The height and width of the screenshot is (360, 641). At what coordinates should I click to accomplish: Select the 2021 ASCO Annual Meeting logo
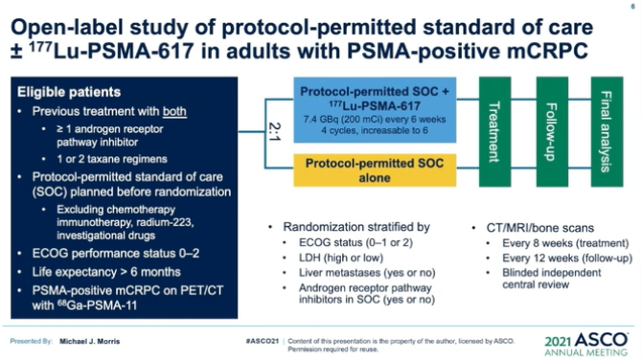click(586, 342)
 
